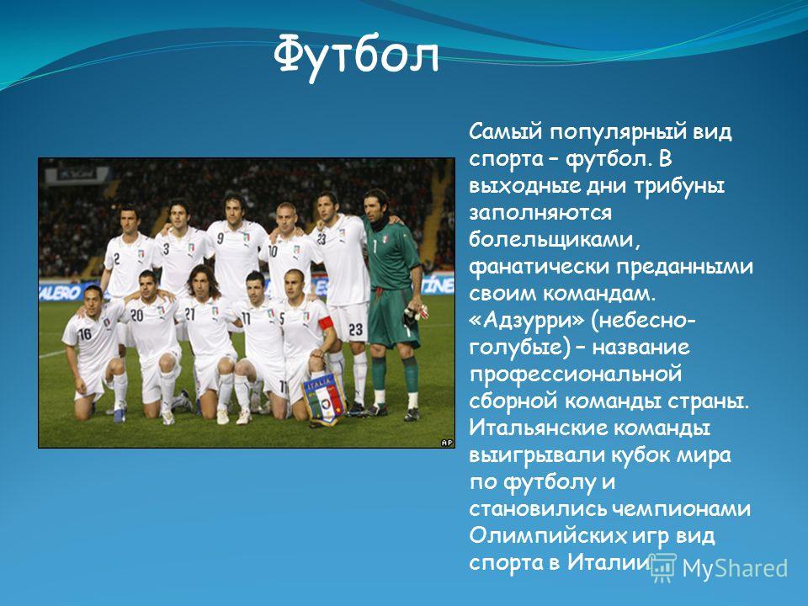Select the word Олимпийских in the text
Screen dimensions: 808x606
(545, 536)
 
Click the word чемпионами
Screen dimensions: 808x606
(681, 509)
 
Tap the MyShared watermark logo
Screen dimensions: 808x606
(719, 568)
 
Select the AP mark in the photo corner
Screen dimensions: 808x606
(446, 442)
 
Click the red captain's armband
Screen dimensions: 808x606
(326, 323)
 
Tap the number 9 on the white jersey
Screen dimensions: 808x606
(220, 238)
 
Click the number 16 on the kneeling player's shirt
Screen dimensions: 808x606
(84, 334)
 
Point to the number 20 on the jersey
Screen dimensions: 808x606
(136, 315)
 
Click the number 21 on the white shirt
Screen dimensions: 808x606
(189, 313)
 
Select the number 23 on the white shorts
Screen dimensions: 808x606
(355, 329)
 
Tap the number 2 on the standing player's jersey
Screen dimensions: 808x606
(116, 258)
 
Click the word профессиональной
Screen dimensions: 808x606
(576, 375)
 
